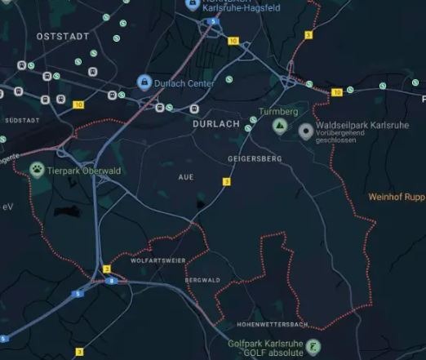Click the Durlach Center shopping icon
tap(144, 83)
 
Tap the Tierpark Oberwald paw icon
tap(38, 169)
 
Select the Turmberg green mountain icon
tap(279, 126)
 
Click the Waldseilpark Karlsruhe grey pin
tap(306, 131)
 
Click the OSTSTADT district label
tap(62, 38)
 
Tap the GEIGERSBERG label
tap(255, 158)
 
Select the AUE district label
tap(186, 176)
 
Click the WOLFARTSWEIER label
tap(158, 260)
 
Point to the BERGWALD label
tap(203, 280)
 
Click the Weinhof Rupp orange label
tap(397, 197)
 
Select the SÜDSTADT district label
tap(22, 120)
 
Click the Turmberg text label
tap(278, 111)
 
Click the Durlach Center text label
tap(185, 83)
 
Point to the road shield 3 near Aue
tap(226, 181)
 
